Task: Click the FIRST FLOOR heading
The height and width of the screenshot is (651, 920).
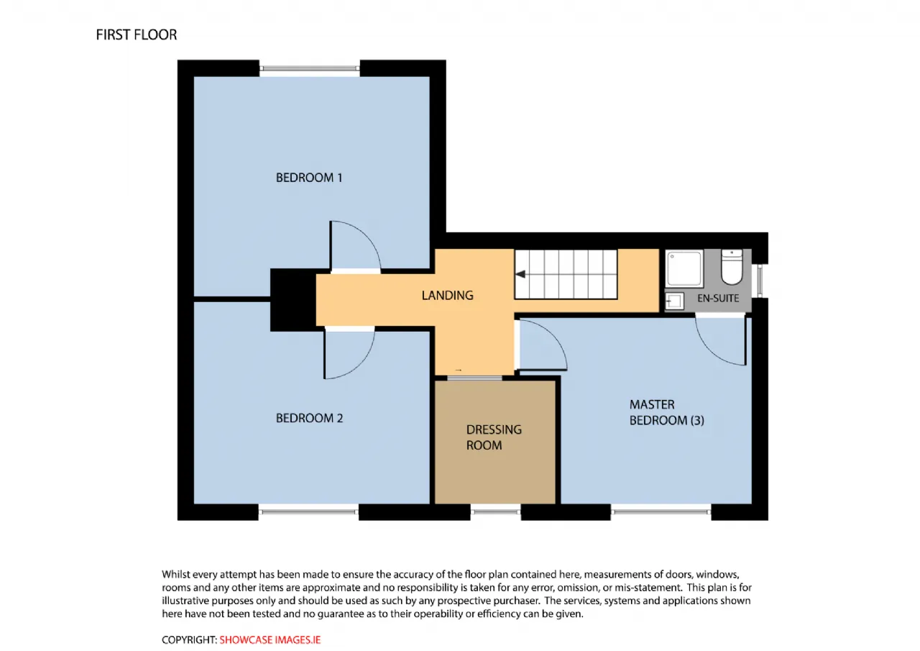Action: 137,35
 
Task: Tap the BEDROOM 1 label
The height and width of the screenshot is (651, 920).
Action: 309,178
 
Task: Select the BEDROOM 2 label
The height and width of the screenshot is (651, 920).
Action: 309,418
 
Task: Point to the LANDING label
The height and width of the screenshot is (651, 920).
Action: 447,295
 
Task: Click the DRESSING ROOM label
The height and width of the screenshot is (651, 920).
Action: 494,437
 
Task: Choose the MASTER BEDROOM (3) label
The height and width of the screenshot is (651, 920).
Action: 666,412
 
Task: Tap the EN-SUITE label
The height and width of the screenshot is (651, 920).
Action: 718,298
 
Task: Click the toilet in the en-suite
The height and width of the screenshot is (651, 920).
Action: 732,267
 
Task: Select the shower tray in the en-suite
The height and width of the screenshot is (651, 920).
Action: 684,268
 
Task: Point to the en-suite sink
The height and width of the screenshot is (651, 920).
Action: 674,301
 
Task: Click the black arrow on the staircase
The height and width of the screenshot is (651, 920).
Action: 520,274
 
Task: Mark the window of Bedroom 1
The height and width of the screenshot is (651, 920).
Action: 310,68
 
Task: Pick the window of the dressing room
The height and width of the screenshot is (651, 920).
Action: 495,511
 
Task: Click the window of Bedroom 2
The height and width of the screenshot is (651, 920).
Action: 308,511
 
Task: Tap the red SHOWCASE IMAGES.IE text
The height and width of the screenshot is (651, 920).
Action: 270,640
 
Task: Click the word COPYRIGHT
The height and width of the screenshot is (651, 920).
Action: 189,640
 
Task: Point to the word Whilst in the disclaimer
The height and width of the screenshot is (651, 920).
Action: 176,574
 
